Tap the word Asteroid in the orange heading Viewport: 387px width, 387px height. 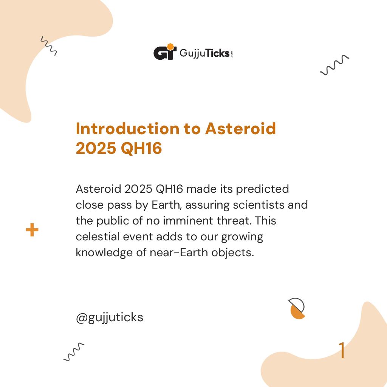(x=241, y=129)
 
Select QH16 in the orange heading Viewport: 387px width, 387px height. (x=141, y=149)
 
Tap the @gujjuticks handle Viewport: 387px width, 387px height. (x=110, y=317)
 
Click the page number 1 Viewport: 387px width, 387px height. (x=342, y=351)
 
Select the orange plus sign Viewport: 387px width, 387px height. (x=32, y=230)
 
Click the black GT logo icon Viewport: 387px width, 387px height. (x=165, y=52)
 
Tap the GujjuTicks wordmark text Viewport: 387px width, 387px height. (x=204, y=53)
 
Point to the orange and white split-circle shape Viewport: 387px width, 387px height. (x=297, y=309)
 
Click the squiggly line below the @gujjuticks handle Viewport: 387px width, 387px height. (x=74, y=352)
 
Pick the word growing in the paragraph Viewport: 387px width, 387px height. (x=242, y=236)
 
